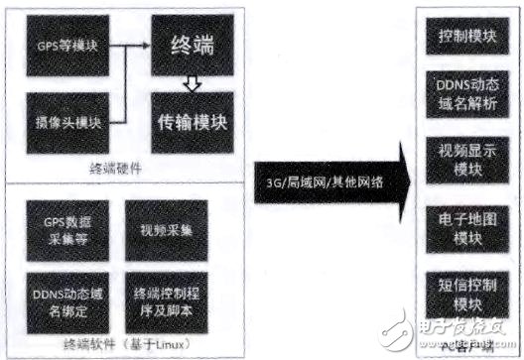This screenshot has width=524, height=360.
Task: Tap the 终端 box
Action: (194, 45)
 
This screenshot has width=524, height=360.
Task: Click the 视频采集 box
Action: (165, 226)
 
